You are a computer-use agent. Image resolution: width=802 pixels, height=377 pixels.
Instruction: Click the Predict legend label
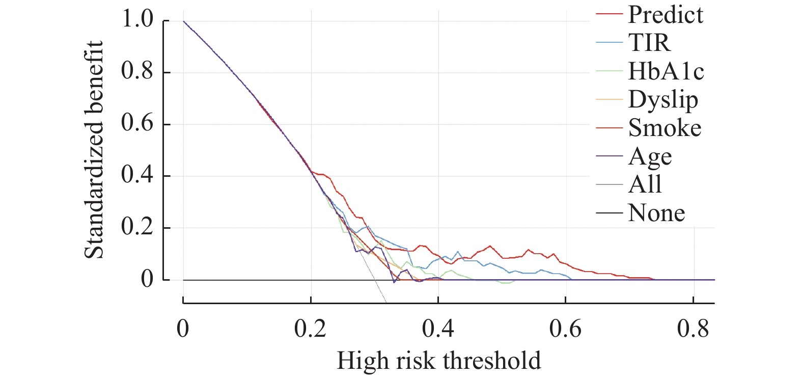665,15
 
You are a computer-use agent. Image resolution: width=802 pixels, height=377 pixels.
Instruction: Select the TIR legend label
649,43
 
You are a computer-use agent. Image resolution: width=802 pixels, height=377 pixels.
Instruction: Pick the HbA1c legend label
666,71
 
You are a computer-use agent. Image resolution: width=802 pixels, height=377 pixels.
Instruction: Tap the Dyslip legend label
663,100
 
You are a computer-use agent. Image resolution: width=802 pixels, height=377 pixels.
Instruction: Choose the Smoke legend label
665,128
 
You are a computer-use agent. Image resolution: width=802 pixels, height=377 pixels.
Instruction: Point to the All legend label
645,184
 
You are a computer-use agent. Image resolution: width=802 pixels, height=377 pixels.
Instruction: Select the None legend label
656,213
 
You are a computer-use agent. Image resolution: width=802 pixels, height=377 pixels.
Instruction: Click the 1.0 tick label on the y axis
137,20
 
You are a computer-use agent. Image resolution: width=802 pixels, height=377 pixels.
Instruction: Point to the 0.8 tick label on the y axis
137,71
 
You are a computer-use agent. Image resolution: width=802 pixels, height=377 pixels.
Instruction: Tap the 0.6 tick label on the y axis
137,123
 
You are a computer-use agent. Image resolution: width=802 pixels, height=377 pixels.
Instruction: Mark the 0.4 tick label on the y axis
137,175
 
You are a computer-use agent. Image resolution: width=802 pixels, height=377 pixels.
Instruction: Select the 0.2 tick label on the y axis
137,227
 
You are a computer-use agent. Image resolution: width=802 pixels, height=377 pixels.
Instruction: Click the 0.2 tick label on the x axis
310,329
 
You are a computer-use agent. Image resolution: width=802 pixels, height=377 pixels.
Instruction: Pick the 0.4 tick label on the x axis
438,329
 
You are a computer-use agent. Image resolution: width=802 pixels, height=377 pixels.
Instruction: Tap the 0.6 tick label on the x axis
565,329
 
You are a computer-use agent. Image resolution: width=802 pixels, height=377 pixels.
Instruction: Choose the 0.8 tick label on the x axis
693,329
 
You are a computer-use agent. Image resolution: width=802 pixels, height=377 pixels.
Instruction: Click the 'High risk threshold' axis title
438,361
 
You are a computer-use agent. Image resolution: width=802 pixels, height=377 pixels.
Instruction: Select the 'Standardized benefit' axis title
94,150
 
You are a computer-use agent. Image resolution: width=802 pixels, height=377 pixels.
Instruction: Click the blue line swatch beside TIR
609,43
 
